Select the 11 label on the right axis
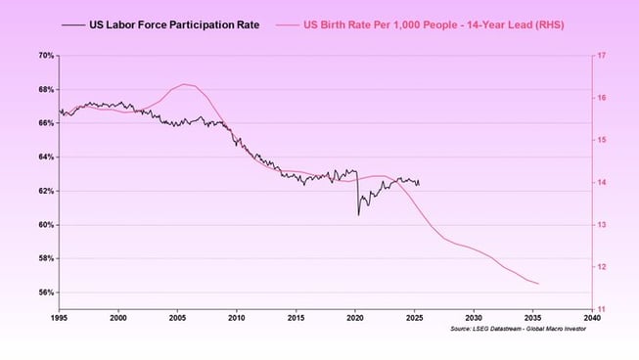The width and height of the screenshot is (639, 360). point(602,310)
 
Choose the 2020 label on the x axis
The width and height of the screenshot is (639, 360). point(355,319)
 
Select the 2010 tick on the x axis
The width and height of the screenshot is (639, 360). point(237,319)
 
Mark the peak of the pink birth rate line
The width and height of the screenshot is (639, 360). point(185,84)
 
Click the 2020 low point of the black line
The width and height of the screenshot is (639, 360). point(357,213)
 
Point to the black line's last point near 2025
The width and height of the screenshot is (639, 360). point(419,183)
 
